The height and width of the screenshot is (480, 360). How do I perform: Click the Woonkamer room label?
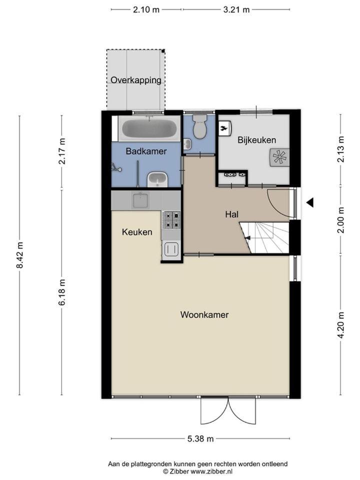[204, 314]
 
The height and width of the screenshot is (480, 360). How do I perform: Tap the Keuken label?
[137, 232]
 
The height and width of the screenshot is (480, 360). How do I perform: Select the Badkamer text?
[146, 151]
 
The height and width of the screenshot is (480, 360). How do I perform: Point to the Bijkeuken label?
[257, 140]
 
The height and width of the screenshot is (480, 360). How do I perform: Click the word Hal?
[231, 214]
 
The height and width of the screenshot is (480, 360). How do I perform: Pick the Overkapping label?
[135, 80]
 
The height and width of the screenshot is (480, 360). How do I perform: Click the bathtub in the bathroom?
[149, 129]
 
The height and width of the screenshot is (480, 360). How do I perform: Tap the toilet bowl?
[199, 126]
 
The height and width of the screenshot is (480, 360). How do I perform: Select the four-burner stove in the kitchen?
[171, 220]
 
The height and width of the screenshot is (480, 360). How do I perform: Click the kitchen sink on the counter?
[140, 200]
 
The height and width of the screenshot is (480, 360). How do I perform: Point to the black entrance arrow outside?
[310, 202]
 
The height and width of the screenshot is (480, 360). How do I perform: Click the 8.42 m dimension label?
[20, 255]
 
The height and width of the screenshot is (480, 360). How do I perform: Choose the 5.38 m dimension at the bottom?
[200, 438]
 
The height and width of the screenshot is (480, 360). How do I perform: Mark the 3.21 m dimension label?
[236, 10]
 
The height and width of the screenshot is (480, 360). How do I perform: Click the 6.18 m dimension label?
[62, 292]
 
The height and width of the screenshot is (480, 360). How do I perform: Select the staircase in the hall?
[264, 238]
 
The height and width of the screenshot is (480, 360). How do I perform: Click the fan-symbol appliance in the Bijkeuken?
[279, 157]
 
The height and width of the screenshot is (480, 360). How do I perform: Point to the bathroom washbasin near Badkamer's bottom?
[157, 179]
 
